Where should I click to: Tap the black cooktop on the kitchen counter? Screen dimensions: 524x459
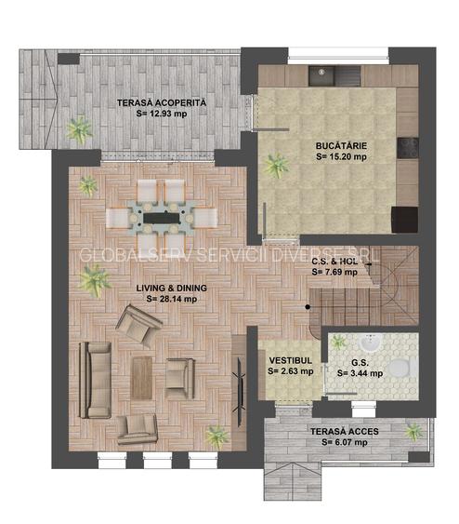[x=407, y=147]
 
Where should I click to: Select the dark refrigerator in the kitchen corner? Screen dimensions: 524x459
[x=404, y=220]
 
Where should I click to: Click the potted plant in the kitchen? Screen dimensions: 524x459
[x=276, y=166]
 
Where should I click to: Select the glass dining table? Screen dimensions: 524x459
[x=161, y=217]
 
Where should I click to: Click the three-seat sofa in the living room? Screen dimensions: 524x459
[x=95, y=380]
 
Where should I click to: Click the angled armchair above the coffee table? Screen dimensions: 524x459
[x=139, y=326]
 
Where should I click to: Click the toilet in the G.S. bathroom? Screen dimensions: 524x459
[x=400, y=369]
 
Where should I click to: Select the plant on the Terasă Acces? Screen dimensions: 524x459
[x=413, y=431]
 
